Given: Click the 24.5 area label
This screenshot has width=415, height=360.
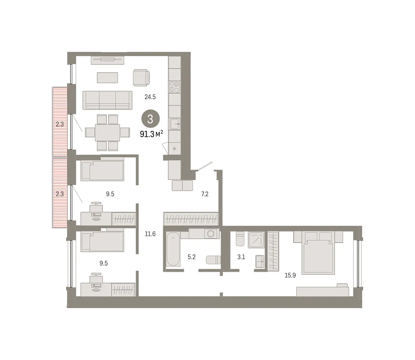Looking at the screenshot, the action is [x=150, y=97].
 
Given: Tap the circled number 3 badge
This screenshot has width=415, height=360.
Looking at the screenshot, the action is [x=150, y=119].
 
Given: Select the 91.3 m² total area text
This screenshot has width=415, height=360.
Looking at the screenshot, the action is [x=151, y=134].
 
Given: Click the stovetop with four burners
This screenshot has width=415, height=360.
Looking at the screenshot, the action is [x=175, y=87].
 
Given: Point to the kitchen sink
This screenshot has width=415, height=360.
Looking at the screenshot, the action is [x=175, y=124].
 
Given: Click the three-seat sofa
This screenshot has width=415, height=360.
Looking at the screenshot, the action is [x=108, y=100].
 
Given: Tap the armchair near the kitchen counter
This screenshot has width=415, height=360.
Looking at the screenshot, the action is [x=141, y=78].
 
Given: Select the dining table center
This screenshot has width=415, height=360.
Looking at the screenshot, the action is [x=108, y=133].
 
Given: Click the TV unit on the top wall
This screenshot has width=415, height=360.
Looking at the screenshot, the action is [x=108, y=60].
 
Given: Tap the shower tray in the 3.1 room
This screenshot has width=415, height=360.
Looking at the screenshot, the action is [x=256, y=240].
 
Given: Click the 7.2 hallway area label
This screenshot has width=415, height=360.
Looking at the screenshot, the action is [x=205, y=194].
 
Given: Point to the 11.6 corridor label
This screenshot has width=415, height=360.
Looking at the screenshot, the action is [x=150, y=234].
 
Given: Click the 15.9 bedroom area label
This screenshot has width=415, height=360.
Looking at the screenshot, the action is [x=290, y=275].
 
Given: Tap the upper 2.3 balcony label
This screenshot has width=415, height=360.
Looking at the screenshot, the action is [x=60, y=124].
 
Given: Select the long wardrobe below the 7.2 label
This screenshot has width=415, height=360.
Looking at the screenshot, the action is [x=191, y=219].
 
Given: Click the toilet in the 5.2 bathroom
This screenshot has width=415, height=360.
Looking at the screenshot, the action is [x=213, y=260].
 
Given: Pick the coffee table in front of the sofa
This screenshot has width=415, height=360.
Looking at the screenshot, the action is [x=108, y=78].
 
